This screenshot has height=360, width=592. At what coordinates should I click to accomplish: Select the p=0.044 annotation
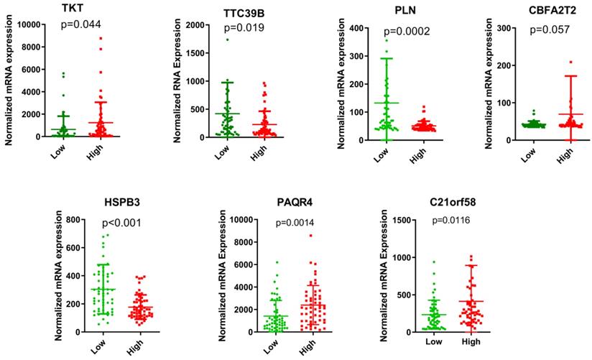pyautogui.click(x=79, y=24)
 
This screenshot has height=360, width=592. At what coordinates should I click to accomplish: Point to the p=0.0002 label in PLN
pyautogui.click(x=405, y=32)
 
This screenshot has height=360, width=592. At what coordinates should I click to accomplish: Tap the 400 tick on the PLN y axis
pyautogui.click(x=355, y=27)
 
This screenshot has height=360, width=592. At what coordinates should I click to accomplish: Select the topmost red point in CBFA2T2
pyautogui.click(x=571, y=63)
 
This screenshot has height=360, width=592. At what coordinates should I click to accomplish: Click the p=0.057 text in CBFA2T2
pyautogui.click(x=550, y=30)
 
